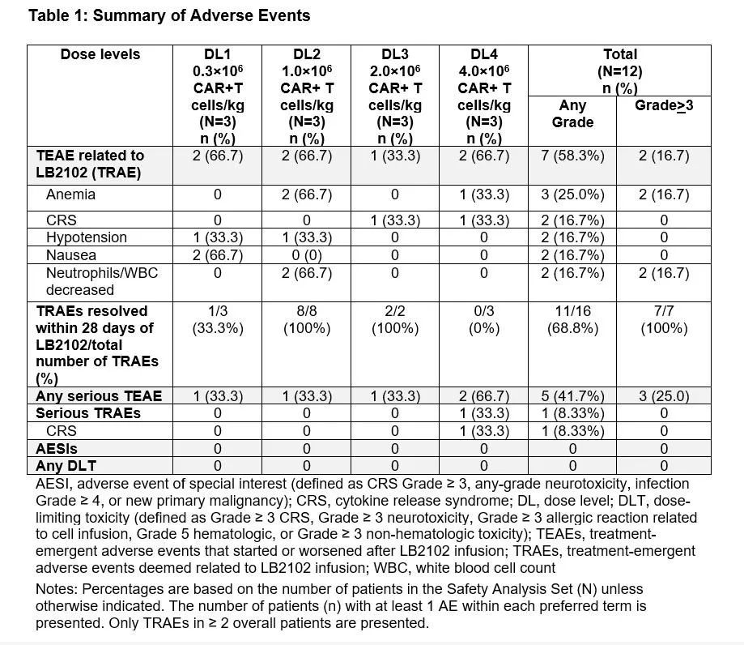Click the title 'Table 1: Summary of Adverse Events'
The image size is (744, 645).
[169, 15]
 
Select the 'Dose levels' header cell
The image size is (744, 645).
[100, 54]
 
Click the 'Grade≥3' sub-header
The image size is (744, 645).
[664, 105]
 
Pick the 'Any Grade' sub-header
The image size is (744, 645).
[572, 113]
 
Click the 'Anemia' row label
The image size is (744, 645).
[70, 194]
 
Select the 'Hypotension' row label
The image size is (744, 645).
[87, 237]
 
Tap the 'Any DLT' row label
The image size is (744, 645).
[63, 466]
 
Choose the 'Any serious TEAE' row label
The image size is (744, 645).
[99, 396]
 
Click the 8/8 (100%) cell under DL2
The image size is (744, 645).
[306, 319]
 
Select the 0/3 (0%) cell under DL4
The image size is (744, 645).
[483, 319]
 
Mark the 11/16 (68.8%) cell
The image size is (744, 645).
[572, 319]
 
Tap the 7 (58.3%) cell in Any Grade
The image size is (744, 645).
[572, 156]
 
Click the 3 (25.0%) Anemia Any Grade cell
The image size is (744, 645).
[572, 194]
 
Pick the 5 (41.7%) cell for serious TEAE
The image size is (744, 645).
[572, 396]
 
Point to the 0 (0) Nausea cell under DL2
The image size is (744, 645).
[306, 254]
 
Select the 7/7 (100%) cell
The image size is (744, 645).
[664, 319]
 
